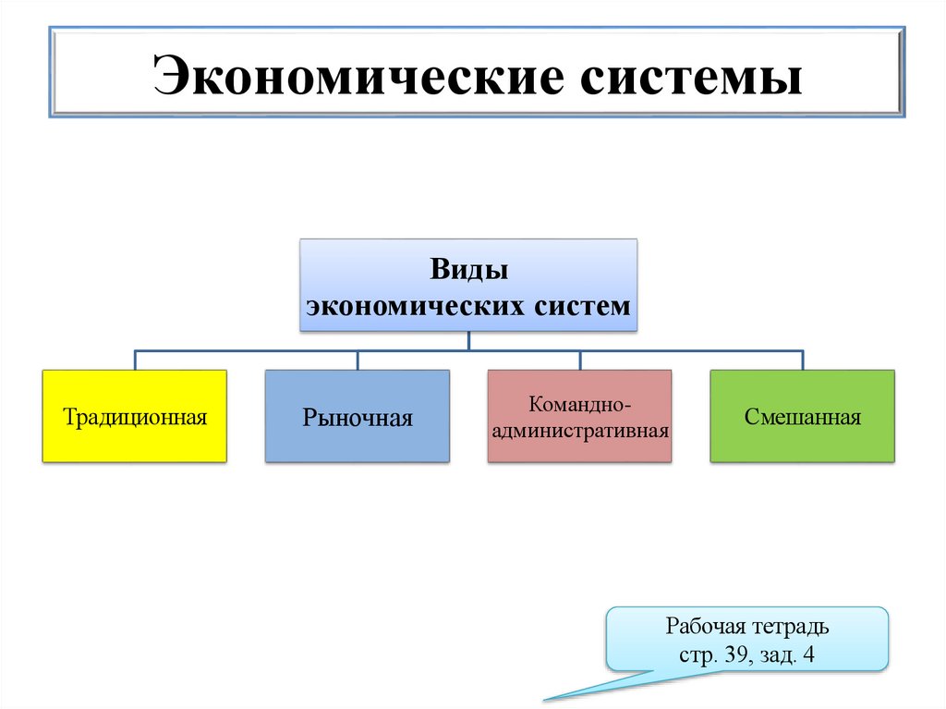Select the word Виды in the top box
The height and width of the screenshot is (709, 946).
[x=469, y=272]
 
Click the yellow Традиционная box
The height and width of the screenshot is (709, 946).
[x=134, y=416]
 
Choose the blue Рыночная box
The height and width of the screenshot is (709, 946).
[x=358, y=416]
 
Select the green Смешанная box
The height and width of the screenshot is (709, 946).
[x=802, y=416]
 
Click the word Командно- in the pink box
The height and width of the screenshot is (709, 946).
[x=580, y=405]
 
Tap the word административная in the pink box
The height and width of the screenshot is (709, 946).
[x=580, y=430]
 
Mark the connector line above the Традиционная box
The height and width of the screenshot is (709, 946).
[x=135, y=360]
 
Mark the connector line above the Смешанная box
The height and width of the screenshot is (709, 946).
[x=802, y=360]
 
